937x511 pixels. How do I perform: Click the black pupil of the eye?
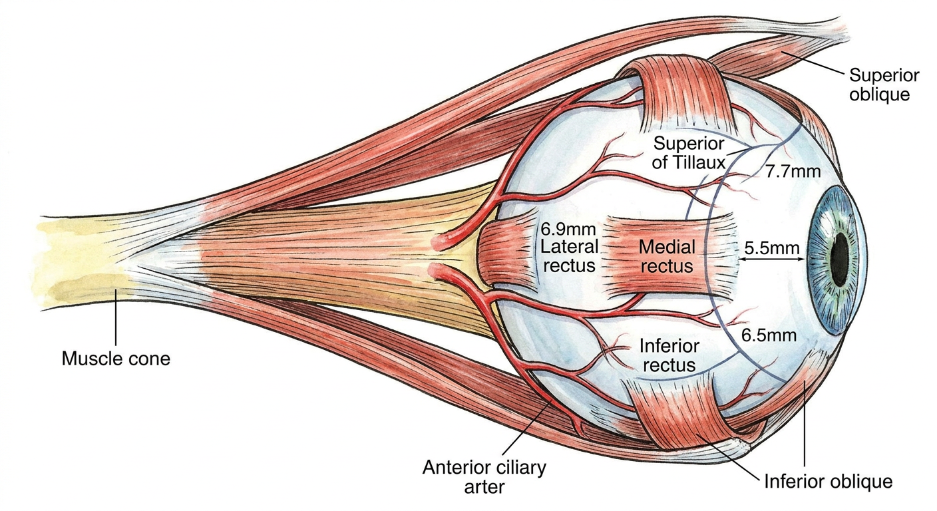pos(840,259)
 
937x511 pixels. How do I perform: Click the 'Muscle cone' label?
pos(116,359)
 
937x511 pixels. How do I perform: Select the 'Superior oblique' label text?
pos(884,85)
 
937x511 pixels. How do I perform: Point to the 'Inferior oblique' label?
pos(829,481)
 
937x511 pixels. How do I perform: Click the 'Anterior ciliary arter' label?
pos(484,476)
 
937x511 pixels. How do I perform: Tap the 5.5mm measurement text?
pos(772,248)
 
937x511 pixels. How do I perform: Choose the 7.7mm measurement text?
pos(793,171)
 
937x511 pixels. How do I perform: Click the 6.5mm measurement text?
pos(769,335)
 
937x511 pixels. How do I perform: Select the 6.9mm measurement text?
pos(568,229)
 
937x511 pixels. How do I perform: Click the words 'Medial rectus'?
pos(667,256)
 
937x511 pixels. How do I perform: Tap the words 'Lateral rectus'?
pos(569,256)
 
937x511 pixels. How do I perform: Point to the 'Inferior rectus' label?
pos(669,355)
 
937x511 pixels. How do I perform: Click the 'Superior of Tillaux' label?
pos(689,152)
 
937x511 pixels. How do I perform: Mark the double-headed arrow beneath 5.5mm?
pos(772,259)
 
